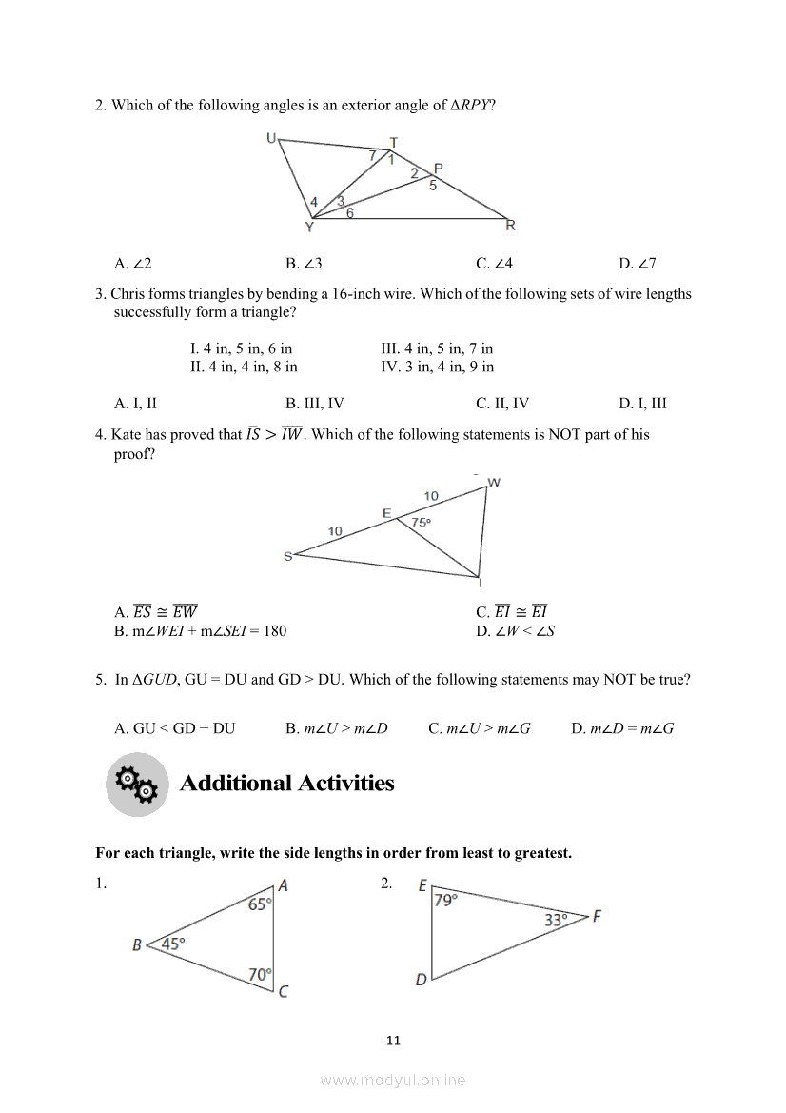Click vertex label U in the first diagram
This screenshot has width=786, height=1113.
(x=271, y=139)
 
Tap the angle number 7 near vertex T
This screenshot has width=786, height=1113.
(x=373, y=154)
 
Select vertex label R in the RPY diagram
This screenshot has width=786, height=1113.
(x=510, y=226)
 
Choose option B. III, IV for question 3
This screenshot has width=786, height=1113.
(x=314, y=403)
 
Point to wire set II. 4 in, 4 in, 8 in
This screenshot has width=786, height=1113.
(x=244, y=366)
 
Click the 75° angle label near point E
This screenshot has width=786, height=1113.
(x=422, y=523)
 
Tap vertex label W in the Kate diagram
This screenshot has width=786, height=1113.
(x=494, y=483)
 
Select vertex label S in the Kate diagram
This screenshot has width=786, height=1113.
(x=287, y=556)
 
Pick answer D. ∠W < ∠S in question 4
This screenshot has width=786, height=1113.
(x=515, y=630)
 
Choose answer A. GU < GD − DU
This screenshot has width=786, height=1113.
(x=174, y=728)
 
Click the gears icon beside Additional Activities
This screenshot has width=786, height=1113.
(x=136, y=785)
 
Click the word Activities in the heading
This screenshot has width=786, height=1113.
(x=345, y=784)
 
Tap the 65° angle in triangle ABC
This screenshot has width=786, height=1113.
(x=260, y=905)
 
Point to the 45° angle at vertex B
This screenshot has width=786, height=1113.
(x=173, y=944)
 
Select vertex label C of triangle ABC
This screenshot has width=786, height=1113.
(x=283, y=991)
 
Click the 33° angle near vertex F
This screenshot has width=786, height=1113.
(x=556, y=920)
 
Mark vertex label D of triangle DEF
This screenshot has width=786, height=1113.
(x=422, y=980)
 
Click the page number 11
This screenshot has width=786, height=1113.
(x=393, y=1040)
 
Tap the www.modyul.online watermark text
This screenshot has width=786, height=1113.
(x=393, y=1080)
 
